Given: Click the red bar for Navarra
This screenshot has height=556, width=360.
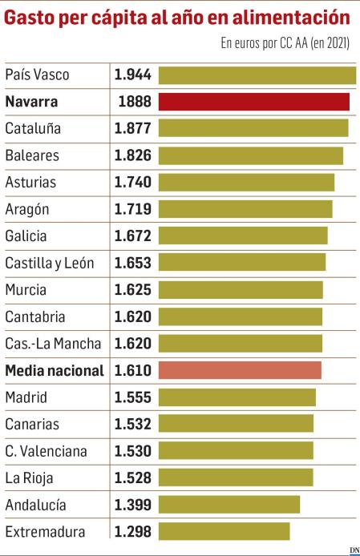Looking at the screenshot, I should pyautogui.click(x=254, y=102).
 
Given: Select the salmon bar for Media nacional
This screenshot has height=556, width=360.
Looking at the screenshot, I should pyautogui.click(x=240, y=370).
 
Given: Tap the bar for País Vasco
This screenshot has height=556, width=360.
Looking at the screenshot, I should pyautogui.click(x=257, y=75).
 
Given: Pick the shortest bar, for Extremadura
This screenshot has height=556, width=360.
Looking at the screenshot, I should pyautogui.click(x=224, y=531).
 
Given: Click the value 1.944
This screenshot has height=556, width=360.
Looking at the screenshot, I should pyautogui.click(x=132, y=75).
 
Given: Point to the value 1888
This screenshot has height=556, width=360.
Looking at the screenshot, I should pyautogui.click(x=134, y=102).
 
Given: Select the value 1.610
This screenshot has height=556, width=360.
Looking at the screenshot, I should pyautogui.click(x=132, y=370).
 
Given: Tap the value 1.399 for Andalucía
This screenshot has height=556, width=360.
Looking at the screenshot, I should pyautogui.click(x=132, y=505).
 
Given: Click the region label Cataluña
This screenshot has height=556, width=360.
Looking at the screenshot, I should pyautogui.click(x=33, y=128).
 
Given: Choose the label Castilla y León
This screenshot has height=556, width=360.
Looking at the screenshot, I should pyautogui.click(x=50, y=263).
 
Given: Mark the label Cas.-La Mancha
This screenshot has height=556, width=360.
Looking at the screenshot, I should pyautogui.click(x=53, y=344).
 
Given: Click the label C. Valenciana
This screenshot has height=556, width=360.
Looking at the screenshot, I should pyautogui.click(x=46, y=451).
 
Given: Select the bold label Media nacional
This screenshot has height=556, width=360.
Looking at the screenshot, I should pyautogui.click(x=55, y=370).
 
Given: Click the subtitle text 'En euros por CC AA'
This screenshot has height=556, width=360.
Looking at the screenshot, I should pyautogui.click(x=263, y=43).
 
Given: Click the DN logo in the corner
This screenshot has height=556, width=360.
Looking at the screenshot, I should pyautogui.click(x=354, y=549).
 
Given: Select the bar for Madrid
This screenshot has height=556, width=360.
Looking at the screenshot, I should pyautogui.click(x=237, y=397).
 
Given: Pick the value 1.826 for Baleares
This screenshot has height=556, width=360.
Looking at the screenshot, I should pyautogui.click(x=132, y=155).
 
